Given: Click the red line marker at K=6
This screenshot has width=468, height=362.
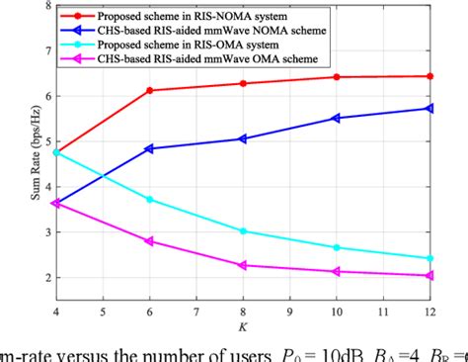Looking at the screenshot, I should tap(150, 90).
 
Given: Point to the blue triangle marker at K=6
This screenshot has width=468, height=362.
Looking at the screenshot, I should tap(150, 148).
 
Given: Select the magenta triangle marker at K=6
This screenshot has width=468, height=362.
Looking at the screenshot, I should tap(150, 241).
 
